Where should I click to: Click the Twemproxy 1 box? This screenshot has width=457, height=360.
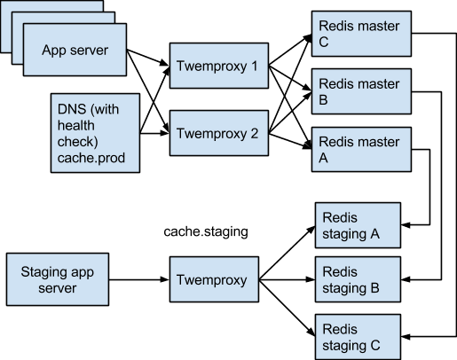(x=219, y=66)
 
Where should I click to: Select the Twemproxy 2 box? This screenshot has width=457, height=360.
(x=219, y=133)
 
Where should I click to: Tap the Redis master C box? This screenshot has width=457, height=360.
(x=361, y=34)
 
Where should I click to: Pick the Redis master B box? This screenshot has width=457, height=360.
(x=361, y=91)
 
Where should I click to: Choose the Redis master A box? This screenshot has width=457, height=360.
(x=361, y=149)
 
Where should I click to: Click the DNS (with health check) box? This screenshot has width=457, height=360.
(x=95, y=133)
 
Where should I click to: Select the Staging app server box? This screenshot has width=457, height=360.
(x=58, y=279)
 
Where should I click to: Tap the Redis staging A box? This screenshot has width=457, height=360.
(x=358, y=225)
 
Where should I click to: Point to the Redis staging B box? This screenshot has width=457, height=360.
(x=358, y=279)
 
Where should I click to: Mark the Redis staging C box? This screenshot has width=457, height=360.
(x=358, y=337)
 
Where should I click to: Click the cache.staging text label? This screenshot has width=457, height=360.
(x=206, y=231)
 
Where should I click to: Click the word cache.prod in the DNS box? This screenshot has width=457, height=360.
(x=91, y=158)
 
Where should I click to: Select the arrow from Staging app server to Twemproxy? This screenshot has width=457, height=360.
(x=139, y=279)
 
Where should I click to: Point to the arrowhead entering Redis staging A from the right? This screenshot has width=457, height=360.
(x=406, y=225)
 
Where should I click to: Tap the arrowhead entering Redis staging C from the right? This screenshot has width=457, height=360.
(x=406, y=337)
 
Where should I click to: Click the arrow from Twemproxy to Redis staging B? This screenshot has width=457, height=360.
(x=287, y=279)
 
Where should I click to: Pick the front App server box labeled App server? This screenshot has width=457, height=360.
(x=75, y=50)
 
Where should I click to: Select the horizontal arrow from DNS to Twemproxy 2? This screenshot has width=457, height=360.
(x=154, y=133)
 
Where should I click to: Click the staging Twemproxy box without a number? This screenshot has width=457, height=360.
(x=214, y=279)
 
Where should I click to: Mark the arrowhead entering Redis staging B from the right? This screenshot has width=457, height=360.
(x=406, y=279)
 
